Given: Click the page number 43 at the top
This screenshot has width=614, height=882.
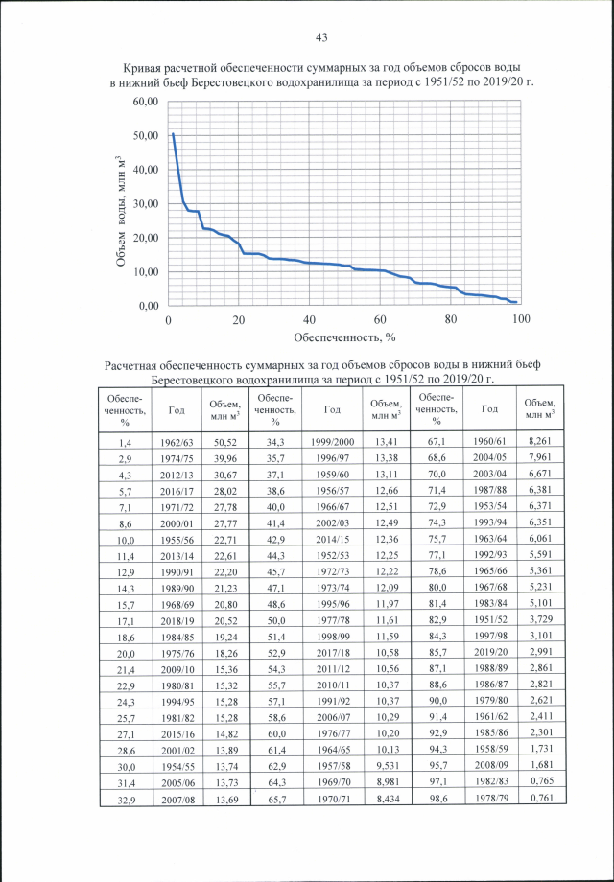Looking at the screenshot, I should click(321, 37).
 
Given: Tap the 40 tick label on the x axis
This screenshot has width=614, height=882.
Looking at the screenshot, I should click(309, 319).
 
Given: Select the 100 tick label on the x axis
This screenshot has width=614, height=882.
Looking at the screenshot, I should click(521, 319).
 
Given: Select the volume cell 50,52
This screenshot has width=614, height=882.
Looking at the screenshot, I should click(224, 442).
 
